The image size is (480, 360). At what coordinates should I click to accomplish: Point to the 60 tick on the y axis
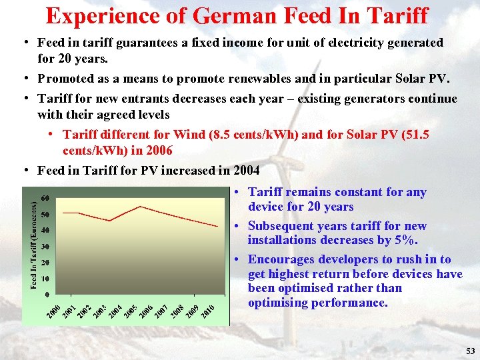[x=46, y=199]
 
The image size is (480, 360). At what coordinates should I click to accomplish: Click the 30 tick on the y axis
[x=46, y=247]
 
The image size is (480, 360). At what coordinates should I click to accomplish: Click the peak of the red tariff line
[x=140, y=207]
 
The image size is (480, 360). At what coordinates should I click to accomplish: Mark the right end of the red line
[x=218, y=227]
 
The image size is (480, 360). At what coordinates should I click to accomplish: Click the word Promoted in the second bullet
[x=64, y=79]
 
